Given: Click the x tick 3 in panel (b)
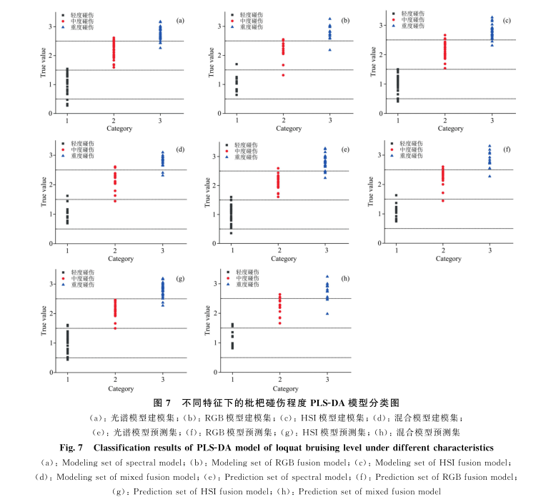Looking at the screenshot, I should [x=329, y=119].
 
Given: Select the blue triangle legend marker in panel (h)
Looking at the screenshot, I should [x=227, y=285].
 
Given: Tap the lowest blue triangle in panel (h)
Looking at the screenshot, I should [x=327, y=313].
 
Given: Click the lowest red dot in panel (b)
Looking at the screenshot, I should [x=284, y=75].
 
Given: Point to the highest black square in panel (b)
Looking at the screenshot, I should [x=237, y=64].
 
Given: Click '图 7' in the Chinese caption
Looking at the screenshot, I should [x=164, y=403].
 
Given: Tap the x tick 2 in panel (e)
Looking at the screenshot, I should [x=278, y=250].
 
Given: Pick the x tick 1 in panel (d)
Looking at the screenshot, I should [x=67, y=250].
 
